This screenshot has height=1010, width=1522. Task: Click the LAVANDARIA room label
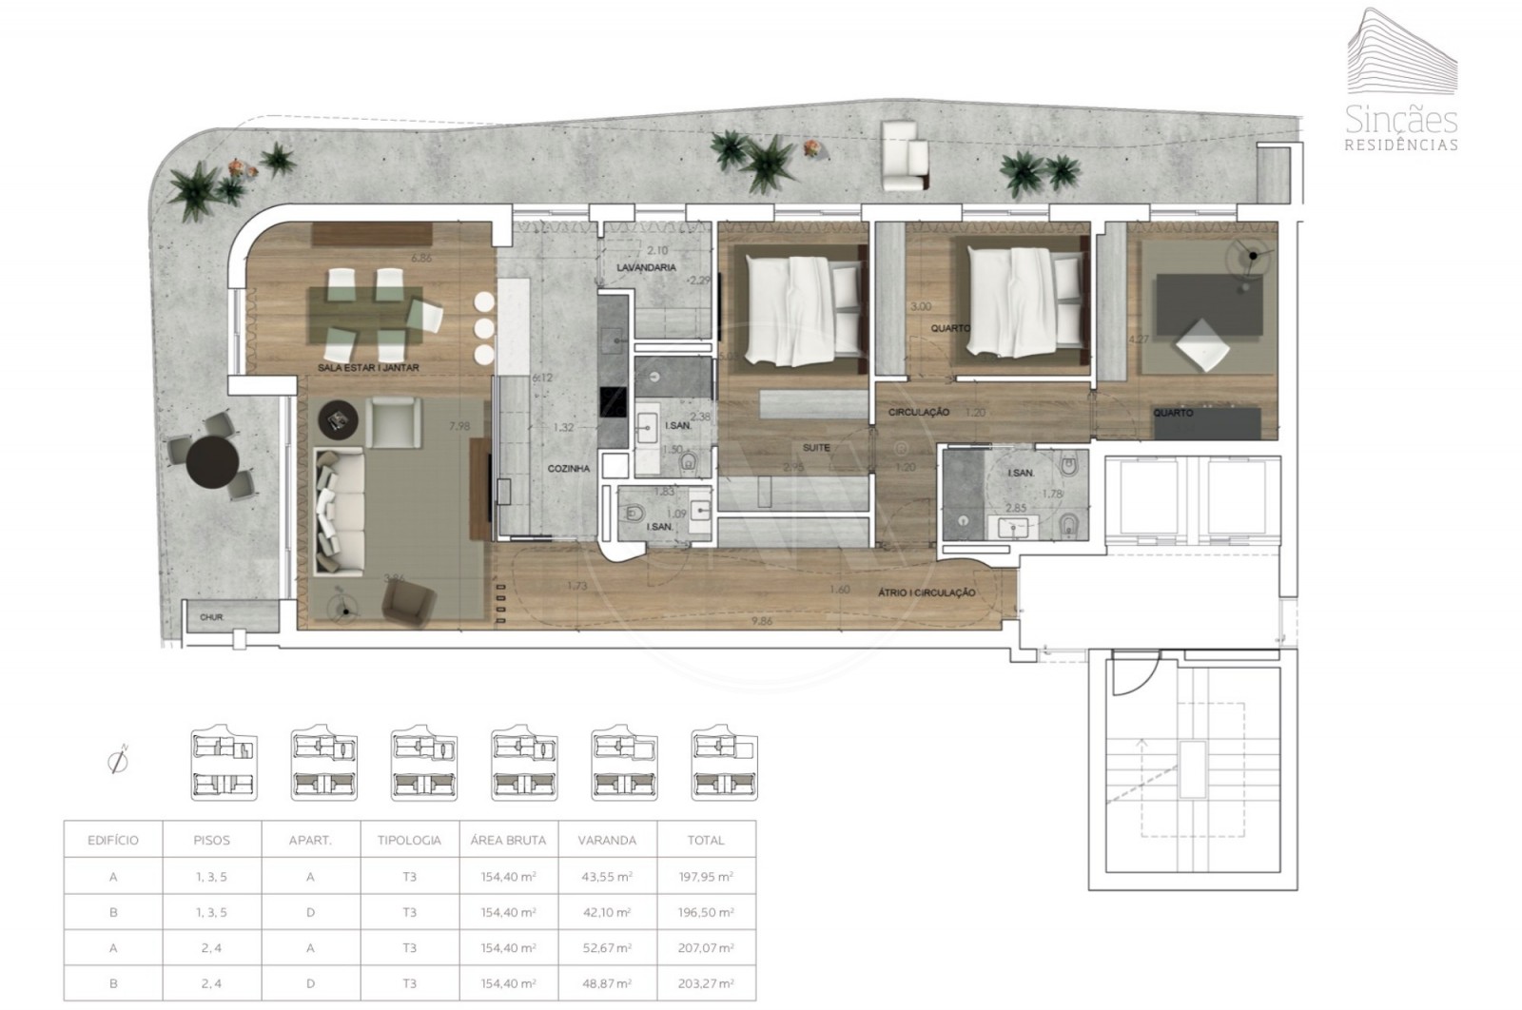[x=646, y=268]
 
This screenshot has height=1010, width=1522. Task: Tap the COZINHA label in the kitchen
[x=569, y=469]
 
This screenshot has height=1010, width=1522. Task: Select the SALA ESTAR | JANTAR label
[x=369, y=367]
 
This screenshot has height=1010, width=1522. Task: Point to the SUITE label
[x=815, y=447]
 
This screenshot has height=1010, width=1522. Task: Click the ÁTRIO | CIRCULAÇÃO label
[x=926, y=592]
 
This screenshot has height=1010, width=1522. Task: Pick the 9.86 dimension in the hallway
[x=762, y=620]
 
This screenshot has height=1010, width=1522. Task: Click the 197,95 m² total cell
[x=706, y=877]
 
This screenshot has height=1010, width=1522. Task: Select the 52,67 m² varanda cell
[x=607, y=948]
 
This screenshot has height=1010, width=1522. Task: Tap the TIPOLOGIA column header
[x=409, y=841]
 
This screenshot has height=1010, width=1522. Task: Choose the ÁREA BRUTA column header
[x=508, y=841]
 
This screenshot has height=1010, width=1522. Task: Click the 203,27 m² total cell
[x=706, y=984]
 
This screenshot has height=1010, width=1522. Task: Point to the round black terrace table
[x=213, y=462]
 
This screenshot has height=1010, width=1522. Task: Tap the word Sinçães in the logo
[x=1401, y=121]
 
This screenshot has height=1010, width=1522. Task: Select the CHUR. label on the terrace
[x=211, y=617]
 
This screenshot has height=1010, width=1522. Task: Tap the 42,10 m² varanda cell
[x=607, y=913]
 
